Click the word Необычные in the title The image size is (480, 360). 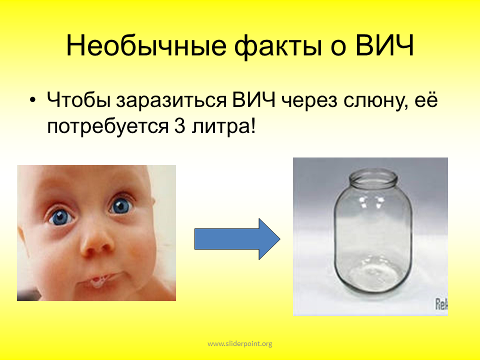click(146, 45)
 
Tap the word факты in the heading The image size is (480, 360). click(278, 46)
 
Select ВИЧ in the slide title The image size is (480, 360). click(384, 45)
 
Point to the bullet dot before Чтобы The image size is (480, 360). click(33, 100)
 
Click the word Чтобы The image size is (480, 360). click(78, 99)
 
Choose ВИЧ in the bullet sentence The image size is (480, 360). click(254, 99)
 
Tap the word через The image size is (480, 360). click(309, 102)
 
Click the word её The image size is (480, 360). click(426, 100)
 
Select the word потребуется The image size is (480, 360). click(108, 126)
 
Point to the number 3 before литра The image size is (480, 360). click(180, 125)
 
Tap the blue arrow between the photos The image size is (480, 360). click(237, 239)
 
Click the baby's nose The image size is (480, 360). click(97, 243)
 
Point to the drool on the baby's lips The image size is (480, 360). click(97, 281)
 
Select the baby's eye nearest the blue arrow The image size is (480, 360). click(121, 206)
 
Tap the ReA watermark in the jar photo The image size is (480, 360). click(441, 304)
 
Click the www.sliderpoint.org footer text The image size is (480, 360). click(240, 344)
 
